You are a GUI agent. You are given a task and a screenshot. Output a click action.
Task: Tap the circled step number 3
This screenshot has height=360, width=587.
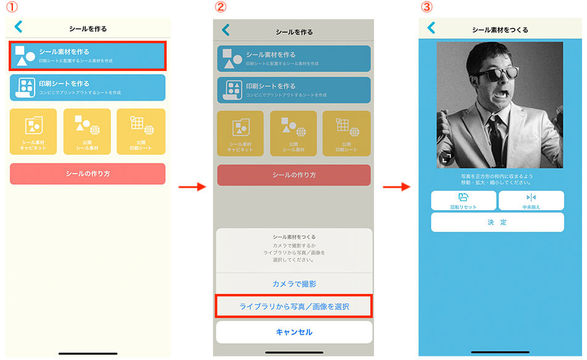coord(425,7)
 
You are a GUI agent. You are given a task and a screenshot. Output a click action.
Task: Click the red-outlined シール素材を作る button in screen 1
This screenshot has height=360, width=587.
coord(88,56)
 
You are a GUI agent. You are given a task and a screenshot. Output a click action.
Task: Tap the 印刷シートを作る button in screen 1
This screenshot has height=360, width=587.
coord(88,87)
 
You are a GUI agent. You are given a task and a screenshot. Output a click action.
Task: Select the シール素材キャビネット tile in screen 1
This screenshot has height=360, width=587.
coord(33,132)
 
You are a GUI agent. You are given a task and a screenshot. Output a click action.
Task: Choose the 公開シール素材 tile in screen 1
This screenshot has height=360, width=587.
coord(87,132)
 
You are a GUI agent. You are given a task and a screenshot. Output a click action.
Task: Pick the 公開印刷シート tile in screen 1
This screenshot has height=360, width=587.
coord(141,132)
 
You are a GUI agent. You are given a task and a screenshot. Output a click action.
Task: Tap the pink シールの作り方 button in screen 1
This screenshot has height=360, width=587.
coord(88,174)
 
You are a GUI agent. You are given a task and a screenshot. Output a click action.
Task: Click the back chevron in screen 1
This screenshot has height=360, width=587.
coord(18,27)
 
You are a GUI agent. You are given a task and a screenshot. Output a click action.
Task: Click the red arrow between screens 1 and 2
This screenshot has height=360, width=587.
coord(191,186)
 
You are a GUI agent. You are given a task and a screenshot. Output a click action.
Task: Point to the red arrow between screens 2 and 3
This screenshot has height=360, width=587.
coord(397,186)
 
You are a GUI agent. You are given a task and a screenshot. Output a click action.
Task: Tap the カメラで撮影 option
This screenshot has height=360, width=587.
coord(294,284)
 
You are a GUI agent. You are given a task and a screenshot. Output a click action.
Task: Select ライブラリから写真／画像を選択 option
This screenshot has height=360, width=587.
coord(294,307)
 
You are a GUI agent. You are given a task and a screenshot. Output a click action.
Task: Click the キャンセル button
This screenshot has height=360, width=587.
coord(294,332)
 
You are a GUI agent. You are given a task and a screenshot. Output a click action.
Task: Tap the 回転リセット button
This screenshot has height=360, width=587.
coord(463,201)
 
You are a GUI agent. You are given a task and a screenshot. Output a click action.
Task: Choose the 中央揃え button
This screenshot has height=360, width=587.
coord(531,201)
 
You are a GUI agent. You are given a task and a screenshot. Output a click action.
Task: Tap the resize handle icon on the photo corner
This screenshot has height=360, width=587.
coord(446,158)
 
